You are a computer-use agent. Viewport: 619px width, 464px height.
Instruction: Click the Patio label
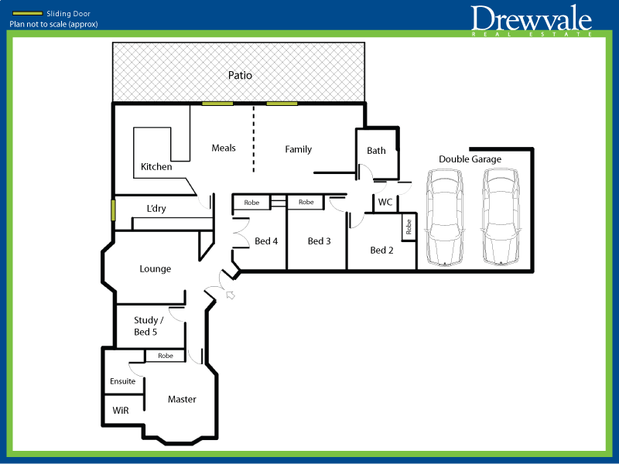[x=240, y=76]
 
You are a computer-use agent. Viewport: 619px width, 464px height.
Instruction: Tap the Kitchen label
[x=156, y=167]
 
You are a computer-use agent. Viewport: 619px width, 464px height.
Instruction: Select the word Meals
[x=224, y=148]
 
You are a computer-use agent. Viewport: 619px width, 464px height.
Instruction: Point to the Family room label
[x=298, y=149]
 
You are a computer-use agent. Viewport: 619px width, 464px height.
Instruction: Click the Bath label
[x=376, y=151]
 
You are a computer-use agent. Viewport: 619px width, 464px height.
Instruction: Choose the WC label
[x=385, y=202]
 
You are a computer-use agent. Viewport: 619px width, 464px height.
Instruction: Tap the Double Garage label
[x=470, y=159]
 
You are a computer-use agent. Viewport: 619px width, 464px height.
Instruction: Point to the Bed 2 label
[x=382, y=250]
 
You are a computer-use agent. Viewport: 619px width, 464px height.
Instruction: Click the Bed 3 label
[x=319, y=241]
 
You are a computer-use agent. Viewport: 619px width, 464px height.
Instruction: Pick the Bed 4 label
[x=266, y=241]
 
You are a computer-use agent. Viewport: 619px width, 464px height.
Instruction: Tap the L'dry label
[x=156, y=209]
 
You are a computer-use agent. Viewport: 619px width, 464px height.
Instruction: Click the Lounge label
[x=155, y=269]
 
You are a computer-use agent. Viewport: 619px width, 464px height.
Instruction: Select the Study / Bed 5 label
[x=149, y=326]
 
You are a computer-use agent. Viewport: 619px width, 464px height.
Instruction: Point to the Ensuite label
[x=122, y=381]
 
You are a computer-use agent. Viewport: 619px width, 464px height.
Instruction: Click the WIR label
[x=121, y=410]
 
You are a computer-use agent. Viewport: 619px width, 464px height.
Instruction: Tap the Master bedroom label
[x=182, y=399]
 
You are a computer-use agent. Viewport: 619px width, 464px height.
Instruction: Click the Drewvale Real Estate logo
[x=532, y=21]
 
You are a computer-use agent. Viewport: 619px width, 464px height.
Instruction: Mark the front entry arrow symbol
[x=230, y=295]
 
